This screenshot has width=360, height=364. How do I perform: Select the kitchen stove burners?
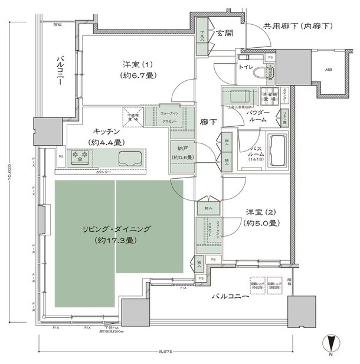[x=79, y=157]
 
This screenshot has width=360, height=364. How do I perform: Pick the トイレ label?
[x=246, y=68]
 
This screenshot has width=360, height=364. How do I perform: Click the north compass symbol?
[x=331, y=343]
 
